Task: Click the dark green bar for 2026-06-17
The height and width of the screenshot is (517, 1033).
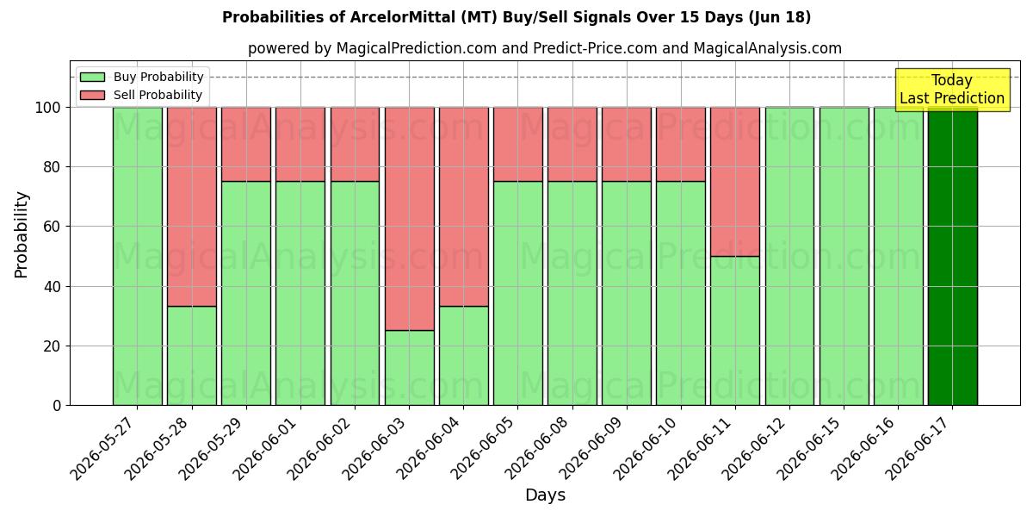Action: coord(953,256)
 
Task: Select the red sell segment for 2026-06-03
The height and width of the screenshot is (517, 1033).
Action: coord(410,219)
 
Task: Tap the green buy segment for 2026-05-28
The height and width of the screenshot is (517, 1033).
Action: coord(192,356)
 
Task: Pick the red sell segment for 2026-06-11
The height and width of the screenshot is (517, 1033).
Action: coord(735,182)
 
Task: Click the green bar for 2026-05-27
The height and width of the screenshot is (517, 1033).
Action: coord(138,256)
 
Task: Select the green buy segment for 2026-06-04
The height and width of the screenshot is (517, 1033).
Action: coord(463,356)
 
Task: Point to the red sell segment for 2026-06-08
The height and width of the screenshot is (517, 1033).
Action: coord(572,145)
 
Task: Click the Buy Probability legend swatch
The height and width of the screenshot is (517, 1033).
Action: coord(92,77)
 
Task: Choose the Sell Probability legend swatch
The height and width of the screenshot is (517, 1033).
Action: coord(92,95)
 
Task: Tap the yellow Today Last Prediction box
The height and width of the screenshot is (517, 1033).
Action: coord(953,90)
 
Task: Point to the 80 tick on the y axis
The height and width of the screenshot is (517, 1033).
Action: coord(67,166)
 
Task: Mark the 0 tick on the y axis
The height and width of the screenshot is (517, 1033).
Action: coord(67,405)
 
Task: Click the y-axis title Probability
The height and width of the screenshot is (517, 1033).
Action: coord(22,234)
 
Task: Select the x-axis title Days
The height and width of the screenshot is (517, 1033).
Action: coord(545,495)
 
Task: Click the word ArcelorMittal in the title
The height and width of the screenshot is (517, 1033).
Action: coord(403,17)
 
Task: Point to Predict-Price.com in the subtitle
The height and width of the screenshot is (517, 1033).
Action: coord(595,48)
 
